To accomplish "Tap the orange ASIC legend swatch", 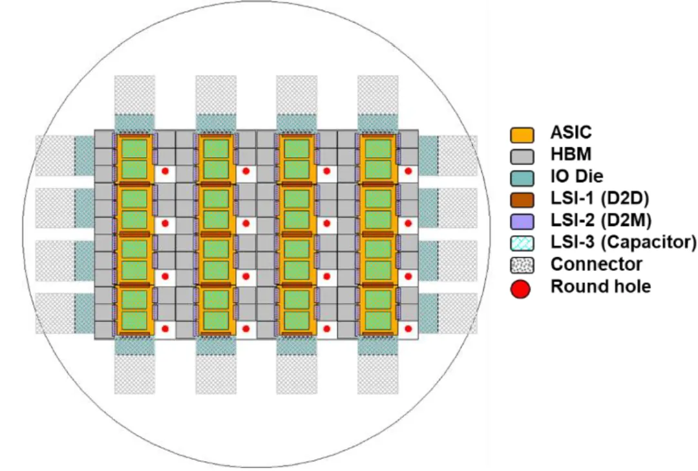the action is tap(522, 135).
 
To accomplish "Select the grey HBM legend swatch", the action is tap(522, 157).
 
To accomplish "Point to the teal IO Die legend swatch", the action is tap(522, 178).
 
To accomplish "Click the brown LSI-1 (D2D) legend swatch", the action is tap(522, 200).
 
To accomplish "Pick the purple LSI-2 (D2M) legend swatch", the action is tap(522, 221).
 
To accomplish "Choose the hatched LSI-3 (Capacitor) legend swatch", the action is tap(522, 243).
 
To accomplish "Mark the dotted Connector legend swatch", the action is tap(522, 265).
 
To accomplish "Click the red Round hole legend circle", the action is tap(520, 289).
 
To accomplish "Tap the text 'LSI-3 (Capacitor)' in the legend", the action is tap(623, 242).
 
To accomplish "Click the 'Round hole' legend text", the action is tap(600, 286).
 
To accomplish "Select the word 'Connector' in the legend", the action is tap(596, 264).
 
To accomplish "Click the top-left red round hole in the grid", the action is tap(165, 171).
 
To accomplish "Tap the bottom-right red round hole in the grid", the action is tap(408, 329).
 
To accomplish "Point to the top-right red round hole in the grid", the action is tap(408, 171).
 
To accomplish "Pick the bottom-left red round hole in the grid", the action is tap(165, 329).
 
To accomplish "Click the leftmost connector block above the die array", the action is tap(135, 95).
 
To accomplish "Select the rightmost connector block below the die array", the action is tap(378, 374).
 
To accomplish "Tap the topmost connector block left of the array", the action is tap(55, 156).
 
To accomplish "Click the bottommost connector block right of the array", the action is tap(458, 313).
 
